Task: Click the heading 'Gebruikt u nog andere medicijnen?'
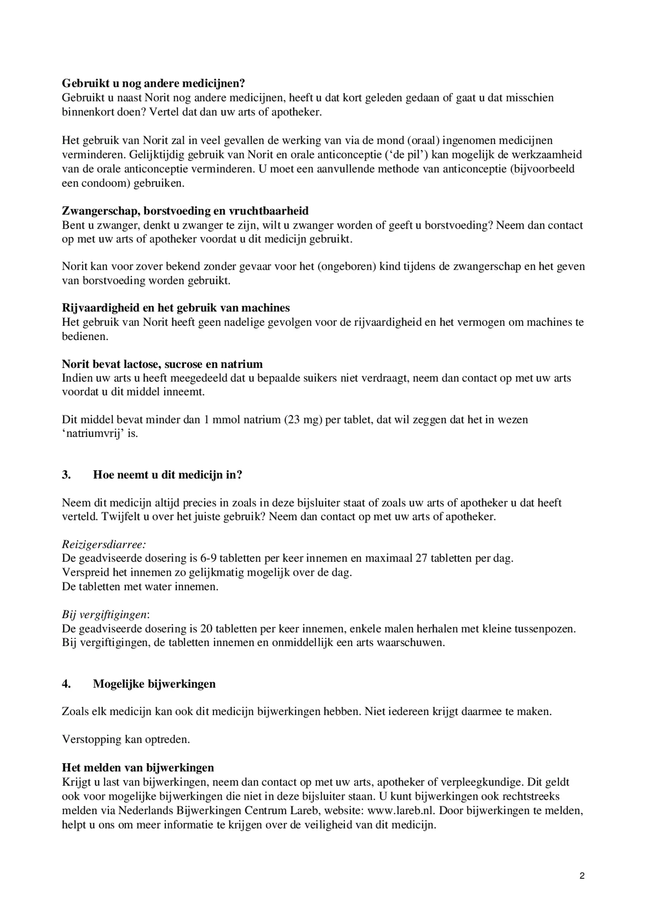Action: click(153, 83)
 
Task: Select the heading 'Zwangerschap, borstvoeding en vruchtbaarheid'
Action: click(185, 211)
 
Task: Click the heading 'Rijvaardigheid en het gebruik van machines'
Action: click(175, 308)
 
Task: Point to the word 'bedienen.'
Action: click(85, 337)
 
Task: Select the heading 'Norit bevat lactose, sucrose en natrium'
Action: click(162, 364)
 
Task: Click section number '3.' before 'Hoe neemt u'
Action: click(66, 475)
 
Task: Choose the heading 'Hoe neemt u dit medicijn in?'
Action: click(167, 475)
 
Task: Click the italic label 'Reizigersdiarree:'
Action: click(104, 544)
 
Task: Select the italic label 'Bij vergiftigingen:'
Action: click(106, 615)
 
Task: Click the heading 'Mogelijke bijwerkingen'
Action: click(154, 684)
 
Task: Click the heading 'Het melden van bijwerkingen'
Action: click(137, 767)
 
